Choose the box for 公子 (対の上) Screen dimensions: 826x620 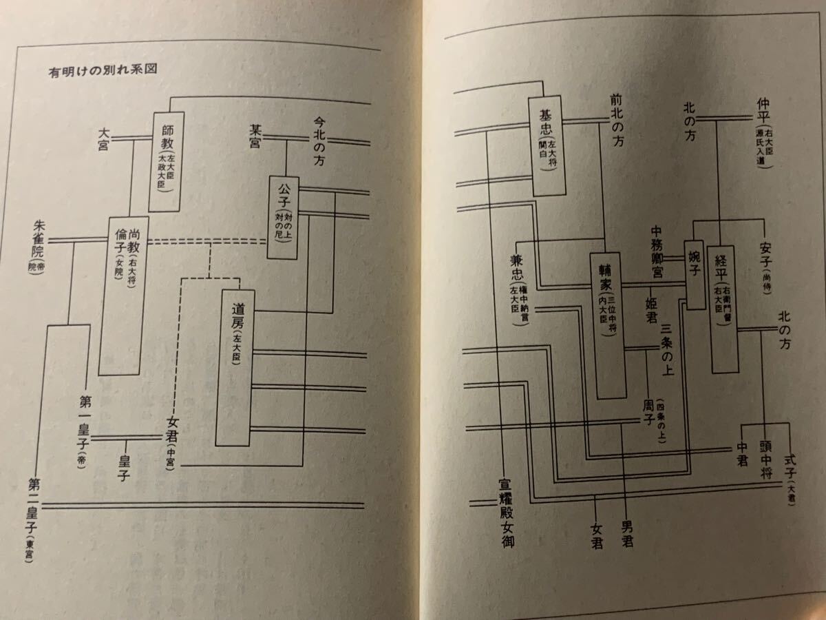[284, 217]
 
